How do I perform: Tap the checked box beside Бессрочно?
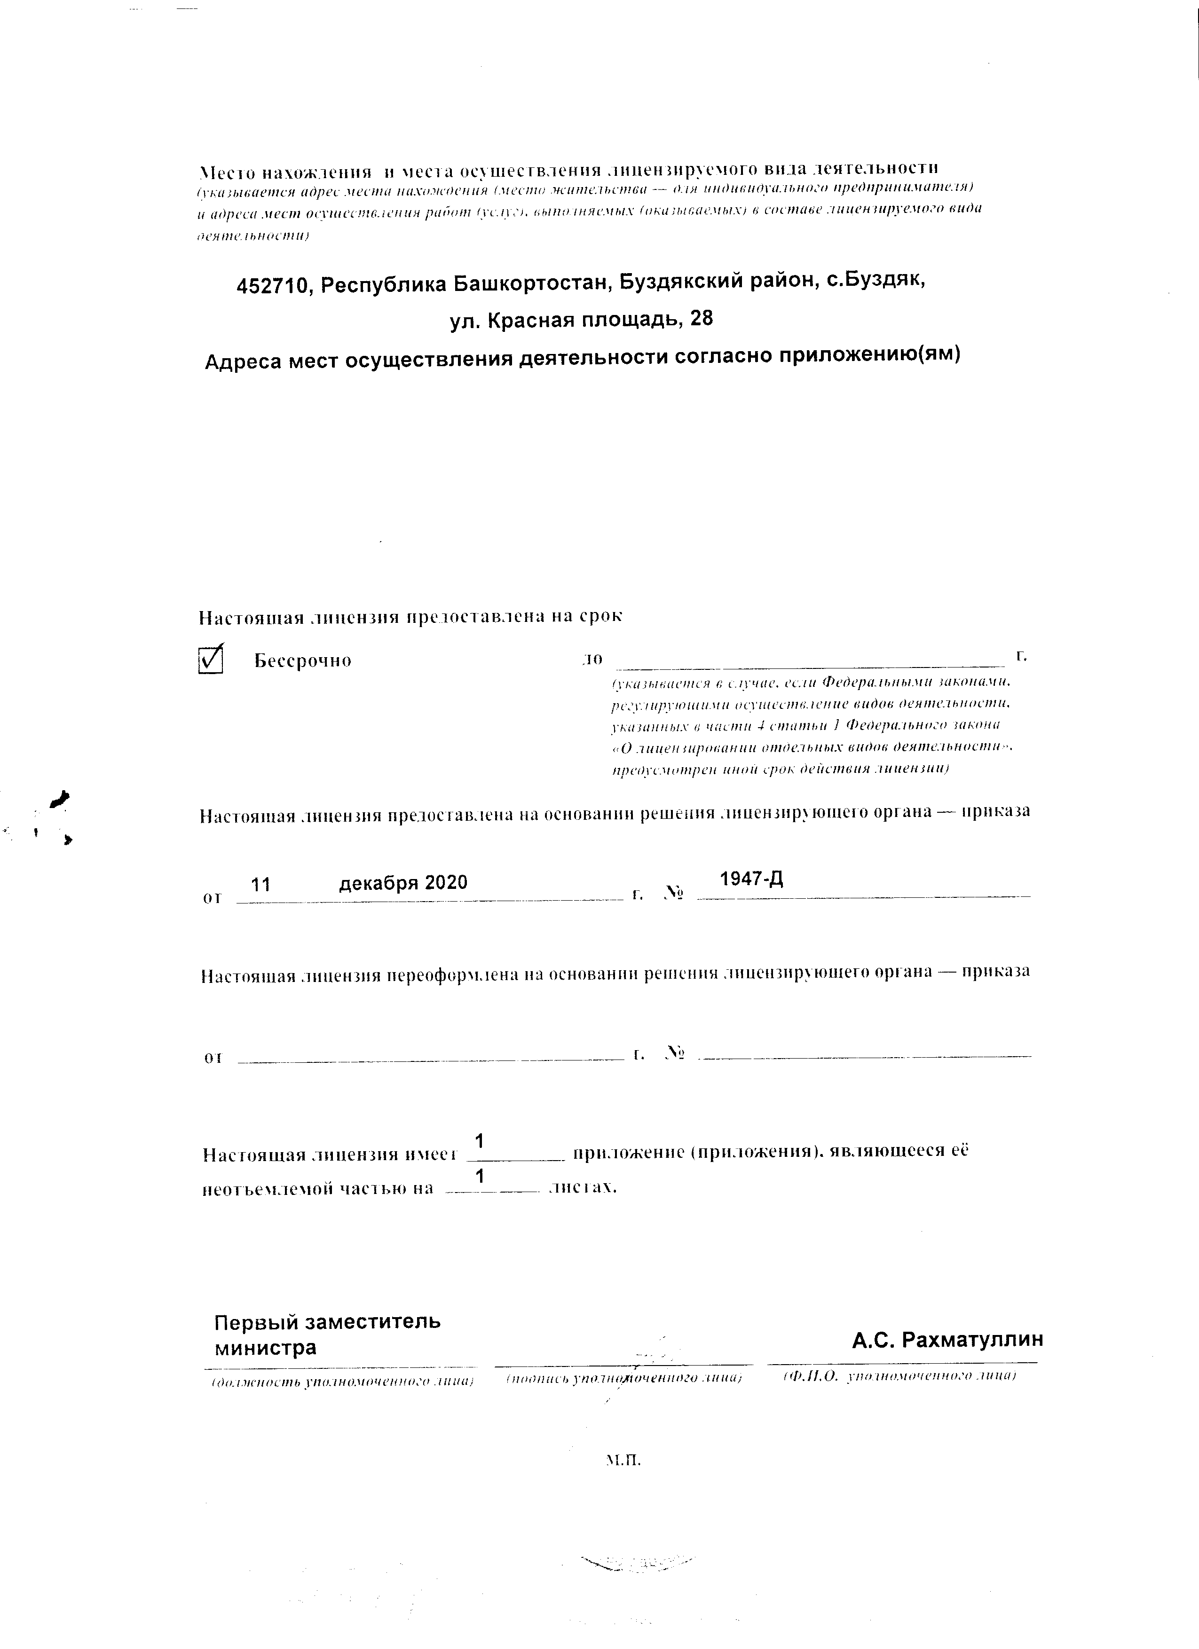210,660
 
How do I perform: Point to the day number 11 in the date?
261,884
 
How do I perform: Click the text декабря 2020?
403,883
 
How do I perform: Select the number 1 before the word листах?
479,1177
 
